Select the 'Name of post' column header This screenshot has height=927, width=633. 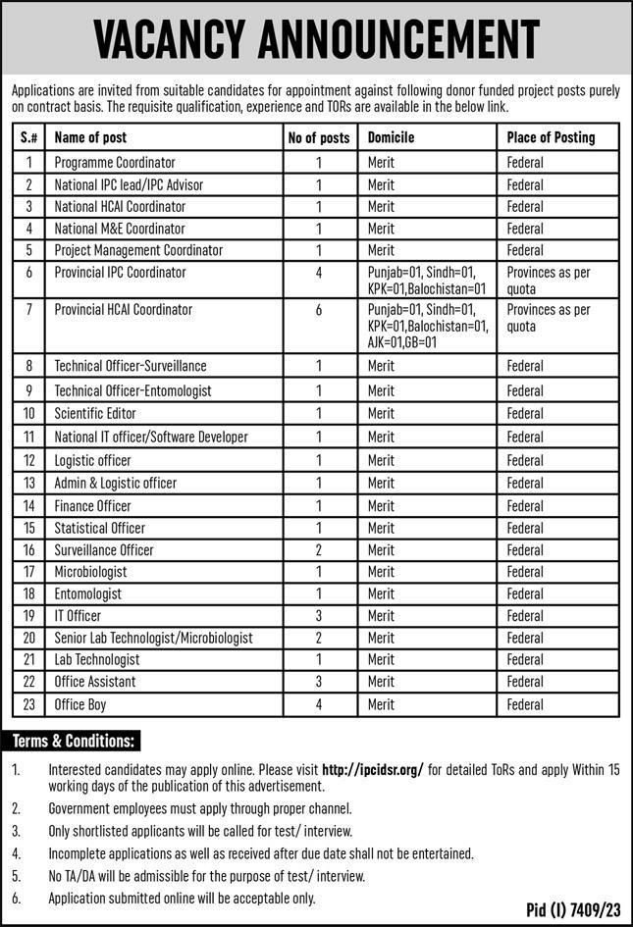[90, 137]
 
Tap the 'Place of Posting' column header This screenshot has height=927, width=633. [551, 137]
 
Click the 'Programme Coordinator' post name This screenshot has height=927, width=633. [115, 162]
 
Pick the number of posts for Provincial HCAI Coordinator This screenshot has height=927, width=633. [319, 309]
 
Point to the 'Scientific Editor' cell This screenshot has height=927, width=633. [95, 413]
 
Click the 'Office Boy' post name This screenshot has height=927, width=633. [80, 704]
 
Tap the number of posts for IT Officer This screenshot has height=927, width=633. [319, 616]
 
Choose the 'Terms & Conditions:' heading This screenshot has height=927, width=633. [74, 741]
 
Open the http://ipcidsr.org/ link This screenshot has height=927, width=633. [358, 770]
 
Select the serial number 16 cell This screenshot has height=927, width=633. [29, 550]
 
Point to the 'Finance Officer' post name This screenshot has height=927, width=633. [92, 506]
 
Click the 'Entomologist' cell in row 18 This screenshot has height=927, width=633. [88, 593]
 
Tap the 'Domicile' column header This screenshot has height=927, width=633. [391, 137]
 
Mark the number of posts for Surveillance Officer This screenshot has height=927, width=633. [319, 550]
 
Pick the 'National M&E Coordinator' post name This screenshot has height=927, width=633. [120, 229]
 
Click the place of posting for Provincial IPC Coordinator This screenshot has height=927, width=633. [549, 280]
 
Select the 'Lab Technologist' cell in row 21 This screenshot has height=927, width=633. [97, 659]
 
